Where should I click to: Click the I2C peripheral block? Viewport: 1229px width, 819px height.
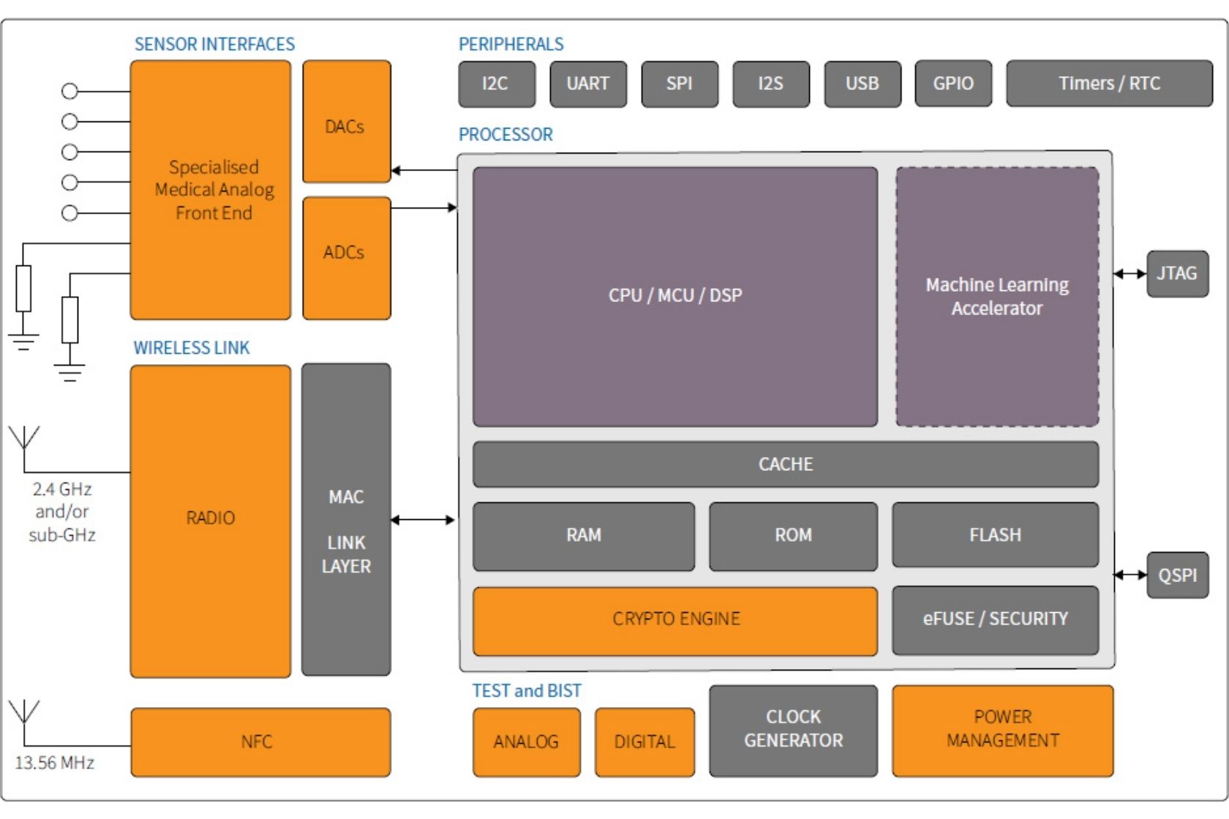pos(496,84)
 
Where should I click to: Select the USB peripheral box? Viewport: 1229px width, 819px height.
pos(862,84)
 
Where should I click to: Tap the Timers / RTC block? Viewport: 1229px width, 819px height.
pos(1108,84)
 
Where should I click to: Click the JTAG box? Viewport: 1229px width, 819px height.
pos(1176,273)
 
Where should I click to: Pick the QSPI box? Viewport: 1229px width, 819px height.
pos(1176,575)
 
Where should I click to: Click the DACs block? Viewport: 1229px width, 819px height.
pos(346,122)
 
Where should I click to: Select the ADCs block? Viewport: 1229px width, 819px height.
pos(346,257)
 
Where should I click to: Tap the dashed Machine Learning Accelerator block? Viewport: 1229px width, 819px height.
pos(996,296)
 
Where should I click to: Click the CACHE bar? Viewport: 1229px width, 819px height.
pos(785,464)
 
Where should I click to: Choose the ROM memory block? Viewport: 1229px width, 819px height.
pos(793,536)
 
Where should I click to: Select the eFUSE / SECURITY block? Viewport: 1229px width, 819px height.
pos(995,619)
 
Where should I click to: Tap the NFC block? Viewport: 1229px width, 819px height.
pos(260,742)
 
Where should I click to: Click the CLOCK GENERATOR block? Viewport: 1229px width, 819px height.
pos(793,730)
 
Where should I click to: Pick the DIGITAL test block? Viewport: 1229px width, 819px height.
pos(644,742)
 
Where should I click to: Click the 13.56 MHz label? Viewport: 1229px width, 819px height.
pos(55,763)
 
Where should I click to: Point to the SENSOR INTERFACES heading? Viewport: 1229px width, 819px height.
pos(214,45)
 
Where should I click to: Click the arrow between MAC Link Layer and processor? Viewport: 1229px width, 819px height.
pos(424,520)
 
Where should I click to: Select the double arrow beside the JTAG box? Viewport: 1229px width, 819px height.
pos(1130,274)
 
